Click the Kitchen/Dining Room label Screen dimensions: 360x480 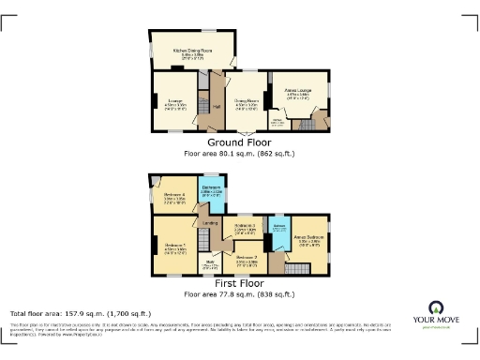click(x=191, y=50)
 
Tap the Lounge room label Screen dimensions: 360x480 click(x=173, y=99)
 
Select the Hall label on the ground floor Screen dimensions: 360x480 click(x=217, y=106)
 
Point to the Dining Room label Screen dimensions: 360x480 click(x=247, y=99)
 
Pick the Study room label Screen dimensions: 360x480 click(x=209, y=265)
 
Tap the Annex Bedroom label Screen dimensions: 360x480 click(x=310, y=239)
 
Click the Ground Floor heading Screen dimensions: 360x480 click(x=239, y=142)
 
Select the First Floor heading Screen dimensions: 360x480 click(x=239, y=284)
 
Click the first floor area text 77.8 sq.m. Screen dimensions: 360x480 click(x=239, y=293)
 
